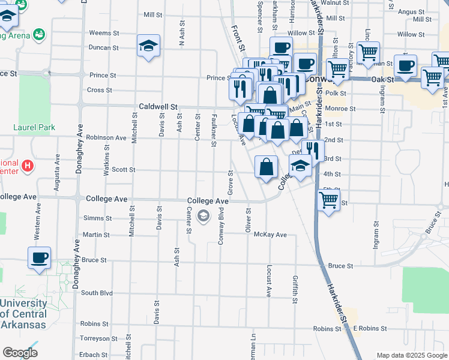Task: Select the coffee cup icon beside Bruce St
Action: [39, 259]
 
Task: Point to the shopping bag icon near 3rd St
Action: [266, 167]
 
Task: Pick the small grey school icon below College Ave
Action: [203, 216]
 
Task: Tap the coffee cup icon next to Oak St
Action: [405, 66]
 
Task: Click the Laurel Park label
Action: [35, 127]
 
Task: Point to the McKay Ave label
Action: [270, 235]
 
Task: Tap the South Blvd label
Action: [97, 293]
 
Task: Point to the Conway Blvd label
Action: [221, 226]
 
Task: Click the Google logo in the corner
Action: [19, 353]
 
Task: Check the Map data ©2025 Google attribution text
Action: [411, 355]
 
